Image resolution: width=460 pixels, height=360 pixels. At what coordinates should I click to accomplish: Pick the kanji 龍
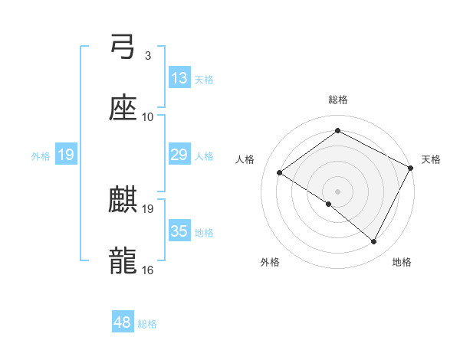pyautogui.click(x=123, y=260)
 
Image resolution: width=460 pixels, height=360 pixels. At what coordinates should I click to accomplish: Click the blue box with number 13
pyautogui.click(x=179, y=78)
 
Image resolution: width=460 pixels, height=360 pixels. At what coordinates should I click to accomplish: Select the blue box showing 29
pyautogui.click(x=179, y=155)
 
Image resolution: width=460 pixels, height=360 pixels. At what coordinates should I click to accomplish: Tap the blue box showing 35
pyautogui.click(x=179, y=231)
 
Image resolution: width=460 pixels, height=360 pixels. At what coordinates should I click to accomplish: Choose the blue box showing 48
pyautogui.click(x=123, y=323)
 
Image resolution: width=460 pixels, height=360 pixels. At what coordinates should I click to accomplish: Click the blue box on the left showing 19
pyautogui.click(x=66, y=155)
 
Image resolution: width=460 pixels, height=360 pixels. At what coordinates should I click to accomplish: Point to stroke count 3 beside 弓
pyautogui.click(x=147, y=56)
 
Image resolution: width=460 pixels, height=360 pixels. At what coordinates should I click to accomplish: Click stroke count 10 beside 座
pyautogui.click(x=148, y=116)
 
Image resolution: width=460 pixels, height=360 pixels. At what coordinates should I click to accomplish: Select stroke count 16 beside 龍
pyautogui.click(x=148, y=270)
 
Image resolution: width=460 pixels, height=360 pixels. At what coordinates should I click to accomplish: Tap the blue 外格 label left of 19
pyautogui.click(x=41, y=155)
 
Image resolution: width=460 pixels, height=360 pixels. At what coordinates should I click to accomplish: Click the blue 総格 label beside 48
pyautogui.click(x=147, y=324)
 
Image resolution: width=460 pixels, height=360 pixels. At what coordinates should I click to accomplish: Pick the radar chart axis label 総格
pyautogui.click(x=338, y=100)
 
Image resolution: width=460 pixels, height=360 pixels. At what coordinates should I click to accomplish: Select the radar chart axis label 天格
pyautogui.click(x=431, y=159)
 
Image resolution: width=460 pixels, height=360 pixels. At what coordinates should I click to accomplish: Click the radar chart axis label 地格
pyautogui.click(x=402, y=262)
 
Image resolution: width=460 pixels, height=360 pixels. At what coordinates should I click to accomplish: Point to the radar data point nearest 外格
pyautogui.click(x=329, y=205)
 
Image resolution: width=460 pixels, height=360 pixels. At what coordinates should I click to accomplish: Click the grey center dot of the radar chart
pyautogui.click(x=338, y=191)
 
